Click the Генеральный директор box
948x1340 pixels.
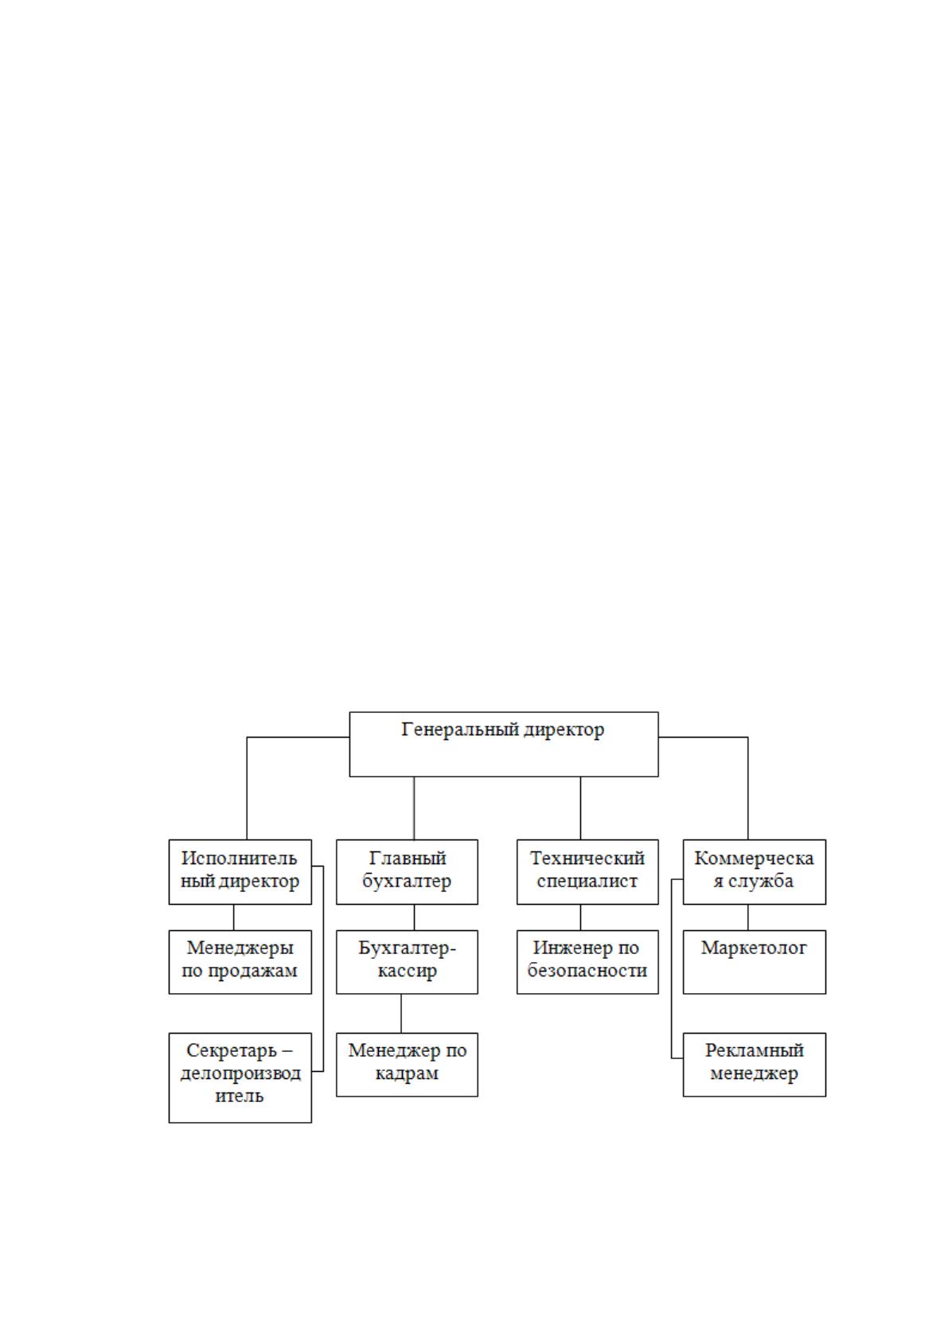(503, 744)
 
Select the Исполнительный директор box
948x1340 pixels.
(240, 871)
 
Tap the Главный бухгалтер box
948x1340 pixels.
(407, 871)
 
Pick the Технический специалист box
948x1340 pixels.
(587, 871)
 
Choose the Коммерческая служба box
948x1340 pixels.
(754, 871)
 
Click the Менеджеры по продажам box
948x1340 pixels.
(240, 962)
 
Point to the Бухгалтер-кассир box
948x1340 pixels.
(407, 962)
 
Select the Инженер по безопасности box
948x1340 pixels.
(587, 962)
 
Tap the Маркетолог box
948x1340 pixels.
(754, 962)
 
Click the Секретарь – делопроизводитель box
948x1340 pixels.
(240, 1077)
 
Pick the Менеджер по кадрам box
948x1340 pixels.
(407, 1065)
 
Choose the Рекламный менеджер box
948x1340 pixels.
(754, 1065)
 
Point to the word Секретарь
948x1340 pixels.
(232, 1050)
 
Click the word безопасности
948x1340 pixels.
(587, 970)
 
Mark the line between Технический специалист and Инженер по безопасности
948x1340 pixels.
(580, 917)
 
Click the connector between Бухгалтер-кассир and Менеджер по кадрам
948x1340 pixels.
(401, 1014)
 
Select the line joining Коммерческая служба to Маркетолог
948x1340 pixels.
(747, 917)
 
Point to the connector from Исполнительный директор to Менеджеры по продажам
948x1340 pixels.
(233, 917)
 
